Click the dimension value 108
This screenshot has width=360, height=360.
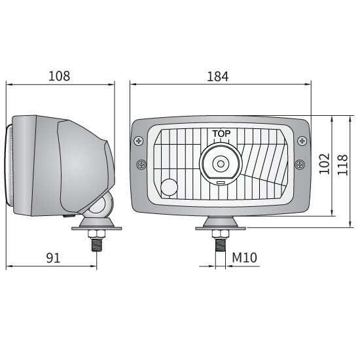tap(59, 76)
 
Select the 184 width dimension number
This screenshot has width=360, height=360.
tap(218, 76)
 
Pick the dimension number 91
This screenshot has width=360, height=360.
tap(52, 258)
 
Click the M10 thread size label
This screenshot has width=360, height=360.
tap(245, 258)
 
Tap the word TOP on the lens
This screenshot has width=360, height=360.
tap(221, 134)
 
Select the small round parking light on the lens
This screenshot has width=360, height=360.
tap(169, 187)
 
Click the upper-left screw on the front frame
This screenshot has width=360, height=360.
tap(139, 140)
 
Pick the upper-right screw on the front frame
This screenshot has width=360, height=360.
tap(302, 140)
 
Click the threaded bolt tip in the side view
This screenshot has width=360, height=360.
tap(98, 245)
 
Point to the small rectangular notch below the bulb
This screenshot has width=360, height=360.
tap(221, 182)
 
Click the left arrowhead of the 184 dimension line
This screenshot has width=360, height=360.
tap(132, 84)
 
